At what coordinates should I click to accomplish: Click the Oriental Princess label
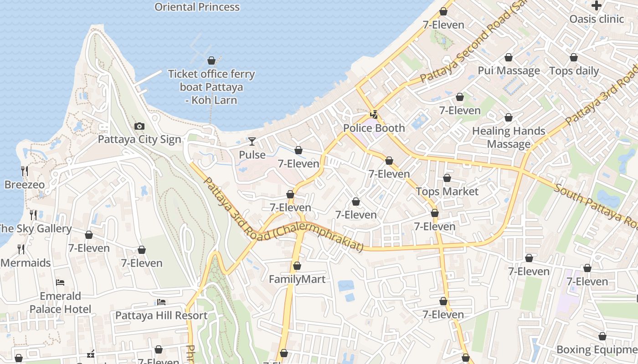pyautogui.click(x=197, y=7)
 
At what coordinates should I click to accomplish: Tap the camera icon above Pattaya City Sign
pyautogui.click(x=139, y=126)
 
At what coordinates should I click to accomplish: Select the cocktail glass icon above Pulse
pyautogui.click(x=252, y=142)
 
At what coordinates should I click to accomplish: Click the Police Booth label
pyautogui.click(x=374, y=128)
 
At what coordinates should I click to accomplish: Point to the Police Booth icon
pyautogui.click(x=374, y=115)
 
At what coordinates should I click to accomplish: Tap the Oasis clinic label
pyautogui.click(x=597, y=19)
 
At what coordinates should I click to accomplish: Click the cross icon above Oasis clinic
pyautogui.click(x=597, y=5)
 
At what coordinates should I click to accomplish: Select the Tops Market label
pyautogui.click(x=447, y=192)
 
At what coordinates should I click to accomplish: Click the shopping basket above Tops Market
pyautogui.click(x=447, y=178)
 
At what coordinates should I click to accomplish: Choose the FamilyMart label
pyautogui.click(x=297, y=279)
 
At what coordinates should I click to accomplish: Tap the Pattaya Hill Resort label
pyautogui.click(x=161, y=315)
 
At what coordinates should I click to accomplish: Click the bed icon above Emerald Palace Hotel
pyautogui.click(x=60, y=283)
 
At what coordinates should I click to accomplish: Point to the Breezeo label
pyautogui.click(x=25, y=185)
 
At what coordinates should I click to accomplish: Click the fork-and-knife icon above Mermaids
pyautogui.click(x=21, y=249)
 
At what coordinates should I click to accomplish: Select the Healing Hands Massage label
pyautogui.click(x=509, y=137)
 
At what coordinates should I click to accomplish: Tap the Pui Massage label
pyautogui.click(x=509, y=71)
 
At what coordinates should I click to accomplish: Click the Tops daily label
pyautogui.click(x=574, y=71)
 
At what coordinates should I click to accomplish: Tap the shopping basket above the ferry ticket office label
pyautogui.click(x=211, y=61)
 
